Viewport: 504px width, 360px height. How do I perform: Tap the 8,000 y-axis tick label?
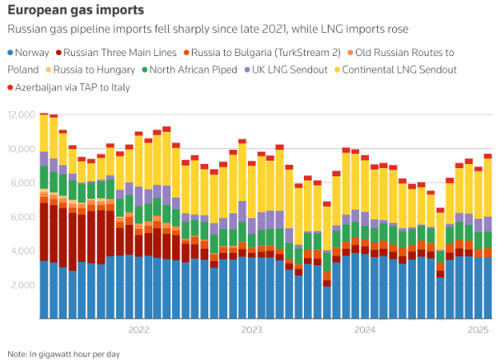click(x=21, y=183)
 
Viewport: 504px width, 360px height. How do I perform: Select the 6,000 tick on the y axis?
click(x=21, y=217)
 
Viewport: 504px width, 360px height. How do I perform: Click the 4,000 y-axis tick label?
click(x=21, y=250)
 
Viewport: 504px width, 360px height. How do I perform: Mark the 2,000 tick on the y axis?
click(x=21, y=285)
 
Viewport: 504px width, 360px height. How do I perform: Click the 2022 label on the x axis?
click(x=138, y=330)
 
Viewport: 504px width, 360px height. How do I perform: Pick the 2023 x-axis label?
click(x=252, y=330)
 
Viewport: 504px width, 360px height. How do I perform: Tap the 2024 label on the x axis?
click(x=365, y=330)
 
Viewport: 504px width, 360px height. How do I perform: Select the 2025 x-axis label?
click(x=478, y=330)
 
